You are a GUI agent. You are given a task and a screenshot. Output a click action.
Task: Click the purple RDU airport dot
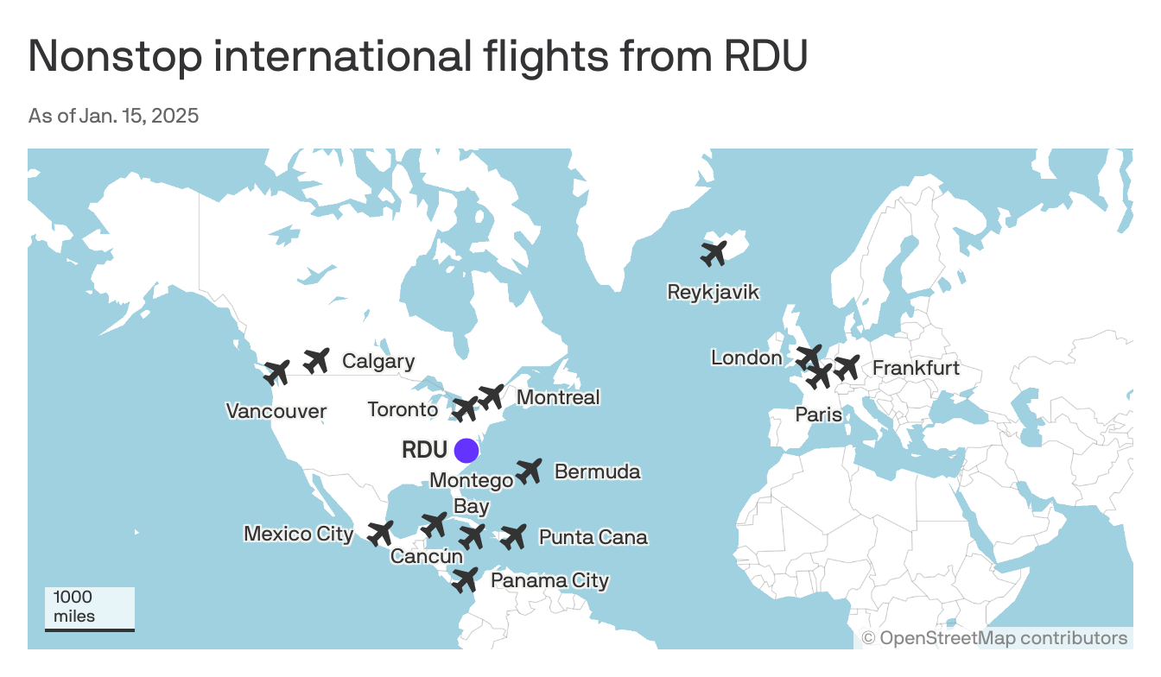coord(466,451)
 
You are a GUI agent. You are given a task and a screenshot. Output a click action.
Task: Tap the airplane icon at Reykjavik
coord(714,254)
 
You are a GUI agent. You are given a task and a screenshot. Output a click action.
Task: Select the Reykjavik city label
coord(713,292)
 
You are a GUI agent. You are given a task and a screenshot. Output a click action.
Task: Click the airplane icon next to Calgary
coord(317,360)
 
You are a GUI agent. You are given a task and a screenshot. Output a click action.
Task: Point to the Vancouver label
coord(276,411)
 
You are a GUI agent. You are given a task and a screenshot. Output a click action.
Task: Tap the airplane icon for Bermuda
coord(529,471)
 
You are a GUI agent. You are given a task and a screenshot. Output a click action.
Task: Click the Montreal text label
coord(557,397)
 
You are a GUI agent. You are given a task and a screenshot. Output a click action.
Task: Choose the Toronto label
coord(403,409)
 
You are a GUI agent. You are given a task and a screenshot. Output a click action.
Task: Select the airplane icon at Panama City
coord(465,579)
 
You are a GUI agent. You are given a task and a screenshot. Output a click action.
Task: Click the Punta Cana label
coord(593,537)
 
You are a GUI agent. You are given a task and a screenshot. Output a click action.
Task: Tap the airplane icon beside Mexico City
coord(380,533)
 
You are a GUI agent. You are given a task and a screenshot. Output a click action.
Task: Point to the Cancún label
coord(426,556)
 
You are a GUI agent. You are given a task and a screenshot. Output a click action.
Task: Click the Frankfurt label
coord(916,368)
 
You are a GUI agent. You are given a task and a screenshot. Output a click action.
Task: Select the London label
coord(746,357)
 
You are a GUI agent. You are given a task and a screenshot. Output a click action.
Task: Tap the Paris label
coord(818,414)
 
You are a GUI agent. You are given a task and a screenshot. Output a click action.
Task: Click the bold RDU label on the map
coord(424,450)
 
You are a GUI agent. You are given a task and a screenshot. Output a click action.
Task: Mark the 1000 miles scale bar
coord(90,630)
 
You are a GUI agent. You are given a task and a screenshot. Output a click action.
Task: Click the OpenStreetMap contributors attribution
coord(994,638)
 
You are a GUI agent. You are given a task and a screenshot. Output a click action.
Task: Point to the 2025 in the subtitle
coord(175,116)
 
